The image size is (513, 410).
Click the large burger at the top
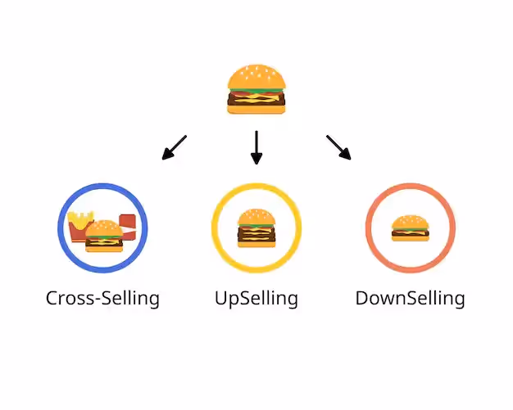256,88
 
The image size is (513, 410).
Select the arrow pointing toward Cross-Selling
175,147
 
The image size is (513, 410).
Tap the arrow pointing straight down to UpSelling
256,147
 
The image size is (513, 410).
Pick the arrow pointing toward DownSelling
338,147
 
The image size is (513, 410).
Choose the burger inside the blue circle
104,236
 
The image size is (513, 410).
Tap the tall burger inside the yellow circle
256,228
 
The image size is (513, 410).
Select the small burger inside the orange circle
410,228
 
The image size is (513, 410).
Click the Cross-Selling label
102,298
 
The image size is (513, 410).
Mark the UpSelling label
256,298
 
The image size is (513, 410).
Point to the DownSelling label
410,298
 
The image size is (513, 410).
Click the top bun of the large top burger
256,77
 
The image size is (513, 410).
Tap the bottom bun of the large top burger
256,109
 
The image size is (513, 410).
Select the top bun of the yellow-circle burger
256,216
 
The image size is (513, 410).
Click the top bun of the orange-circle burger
410,222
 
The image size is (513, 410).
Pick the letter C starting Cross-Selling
52,298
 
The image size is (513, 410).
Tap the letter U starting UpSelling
220,298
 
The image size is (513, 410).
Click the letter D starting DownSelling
361,298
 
